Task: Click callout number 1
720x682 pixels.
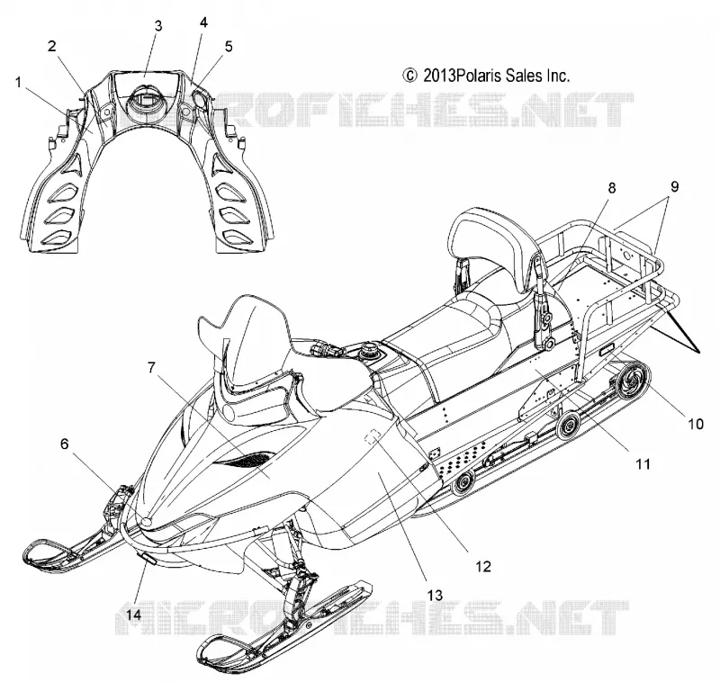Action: [18, 83]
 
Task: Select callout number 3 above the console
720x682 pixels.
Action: [158, 26]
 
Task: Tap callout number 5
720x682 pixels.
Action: [229, 47]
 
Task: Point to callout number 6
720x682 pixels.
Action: [65, 444]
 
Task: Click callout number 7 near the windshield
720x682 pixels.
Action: [152, 367]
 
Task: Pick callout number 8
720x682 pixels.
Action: [612, 188]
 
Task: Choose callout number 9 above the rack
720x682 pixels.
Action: [674, 186]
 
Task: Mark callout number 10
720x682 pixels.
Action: [696, 423]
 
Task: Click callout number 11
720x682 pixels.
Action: [643, 464]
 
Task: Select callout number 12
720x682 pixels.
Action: [483, 566]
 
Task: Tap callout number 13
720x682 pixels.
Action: [435, 596]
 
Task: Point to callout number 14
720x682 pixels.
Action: [134, 615]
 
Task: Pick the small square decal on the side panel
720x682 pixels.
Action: [373, 435]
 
